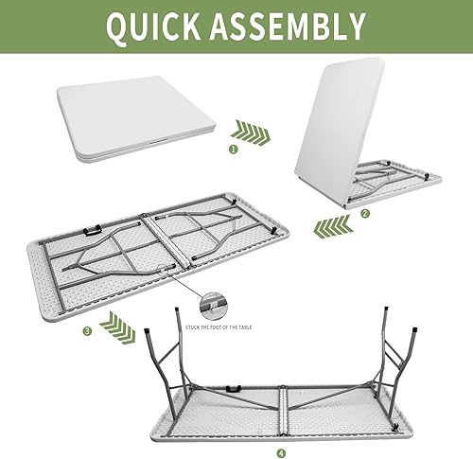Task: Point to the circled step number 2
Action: pyautogui.click(x=365, y=213)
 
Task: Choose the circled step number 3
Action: pyautogui.click(x=87, y=330)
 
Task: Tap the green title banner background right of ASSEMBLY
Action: pyautogui.click(x=416, y=27)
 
